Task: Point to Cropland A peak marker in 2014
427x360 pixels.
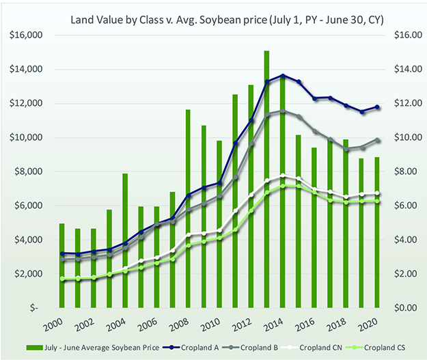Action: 283,76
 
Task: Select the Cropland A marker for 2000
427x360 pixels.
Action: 61,253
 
